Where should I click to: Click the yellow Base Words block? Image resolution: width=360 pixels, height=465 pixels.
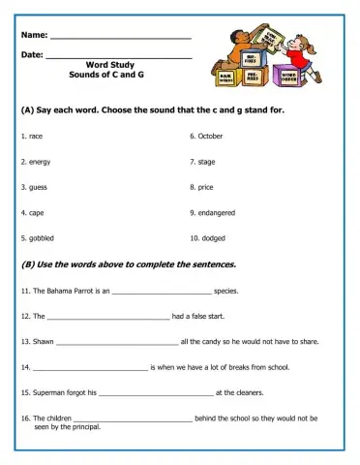pyautogui.click(x=225, y=76)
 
